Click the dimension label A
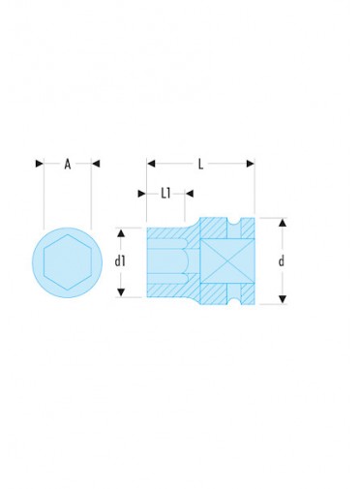click(x=68, y=164)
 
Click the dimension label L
click(x=200, y=165)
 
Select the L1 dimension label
click(x=165, y=194)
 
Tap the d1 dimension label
click(x=120, y=261)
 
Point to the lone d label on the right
click(x=282, y=260)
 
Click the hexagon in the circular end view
click(x=68, y=262)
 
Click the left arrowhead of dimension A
click(x=40, y=164)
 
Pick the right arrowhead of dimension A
click(x=96, y=164)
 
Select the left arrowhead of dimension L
click(x=151, y=164)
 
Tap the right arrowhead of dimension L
click(x=251, y=164)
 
